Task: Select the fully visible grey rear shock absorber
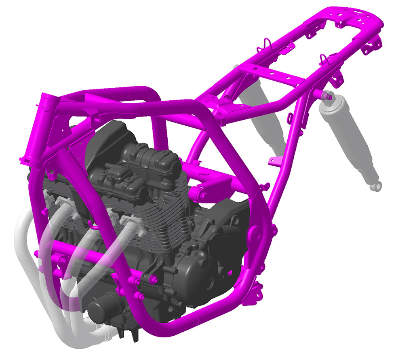pyautogui.click(x=348, y=138)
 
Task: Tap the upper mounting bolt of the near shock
pyautogui.click(x=327, y=96)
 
